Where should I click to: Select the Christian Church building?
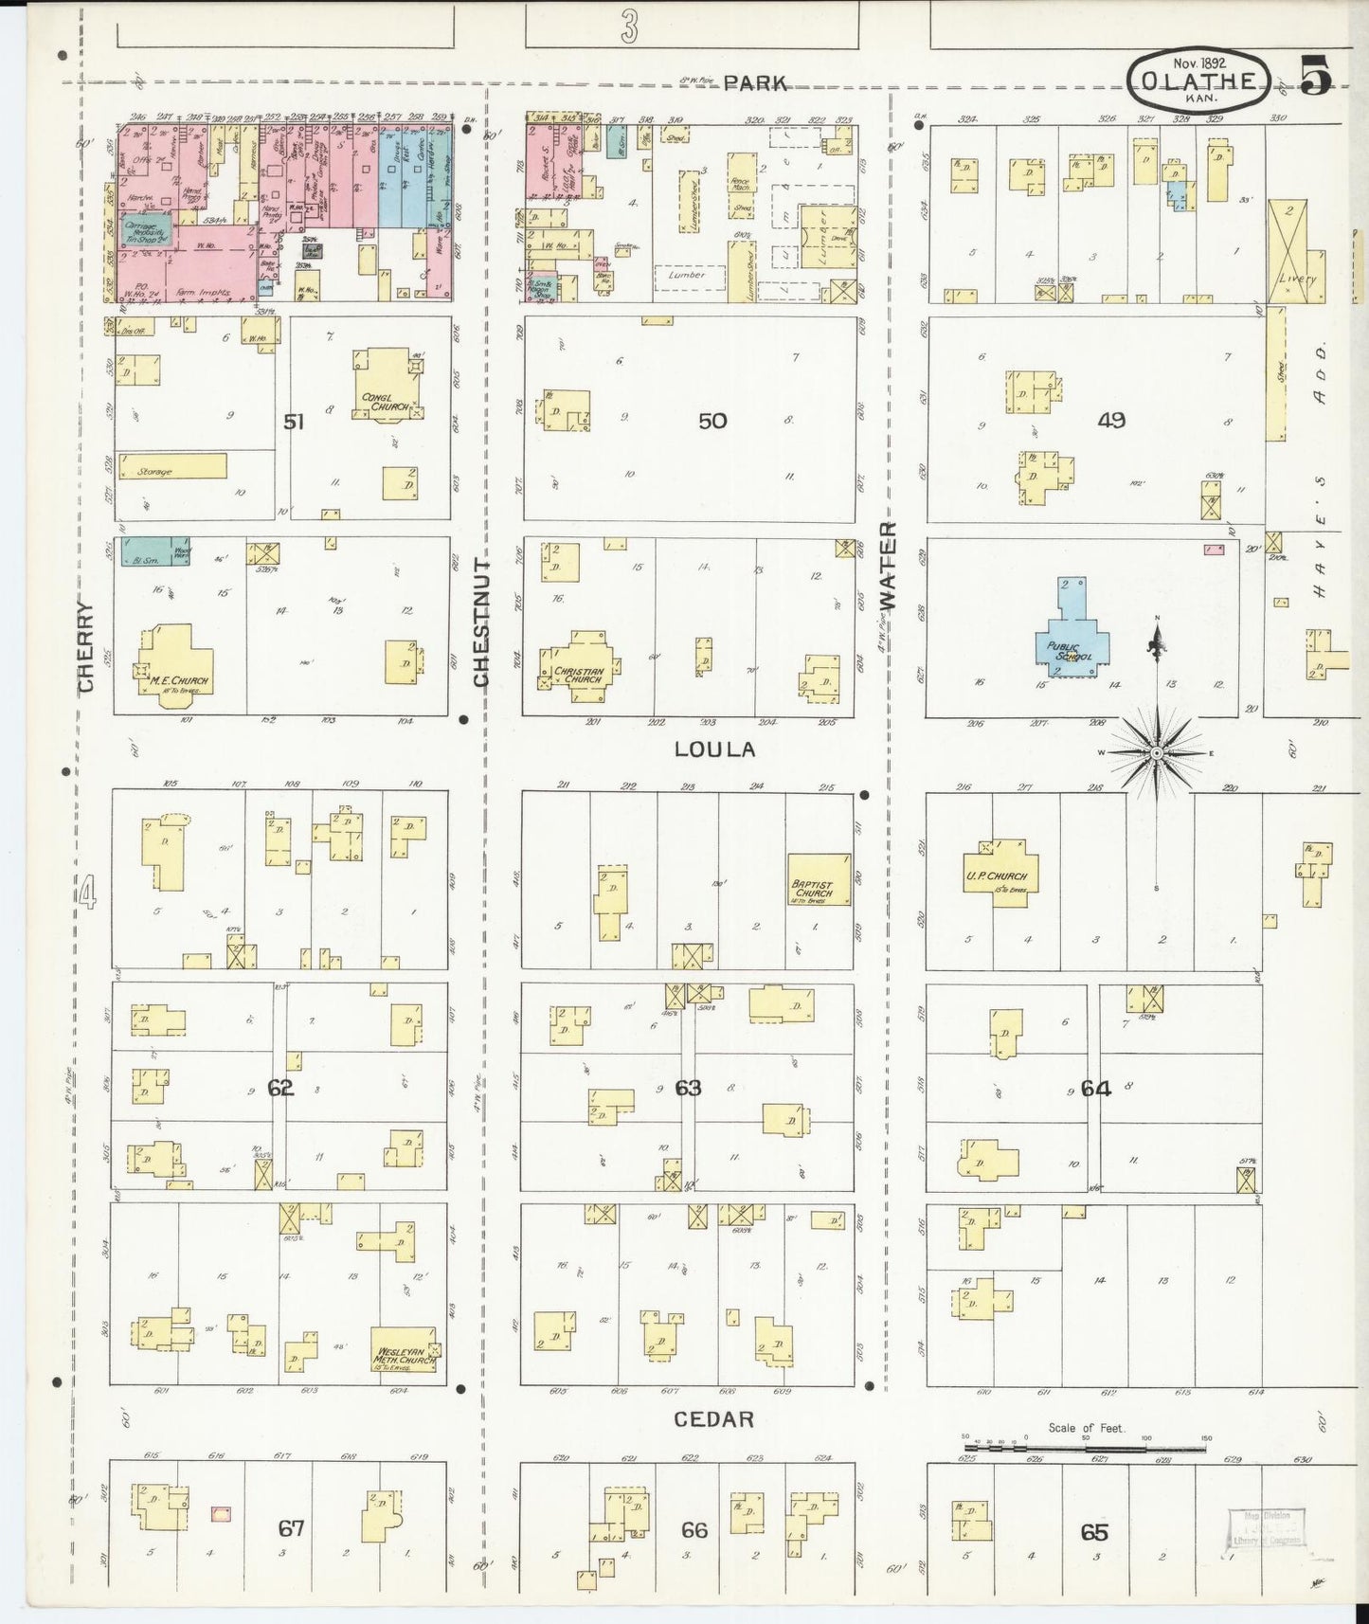[578, 666]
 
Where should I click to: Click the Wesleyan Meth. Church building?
[405, 1350]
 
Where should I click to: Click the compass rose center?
[1156, 752]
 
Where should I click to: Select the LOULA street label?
[715, 749]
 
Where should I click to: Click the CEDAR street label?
[714, 1418]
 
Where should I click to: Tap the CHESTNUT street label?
[480, 623]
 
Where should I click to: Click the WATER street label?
[888, 565]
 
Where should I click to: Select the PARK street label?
[755, 83]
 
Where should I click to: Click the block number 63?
[688, 1088]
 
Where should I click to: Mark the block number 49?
[1110, 419]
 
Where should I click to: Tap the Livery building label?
[1296, 279]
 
